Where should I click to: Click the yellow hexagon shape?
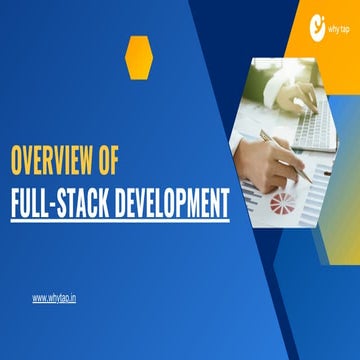point(139,57)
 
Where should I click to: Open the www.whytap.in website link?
point(53,297)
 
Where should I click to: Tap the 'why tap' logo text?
point(339,29)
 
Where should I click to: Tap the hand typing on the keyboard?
point(299,95)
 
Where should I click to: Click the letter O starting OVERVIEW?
point(17,160)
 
